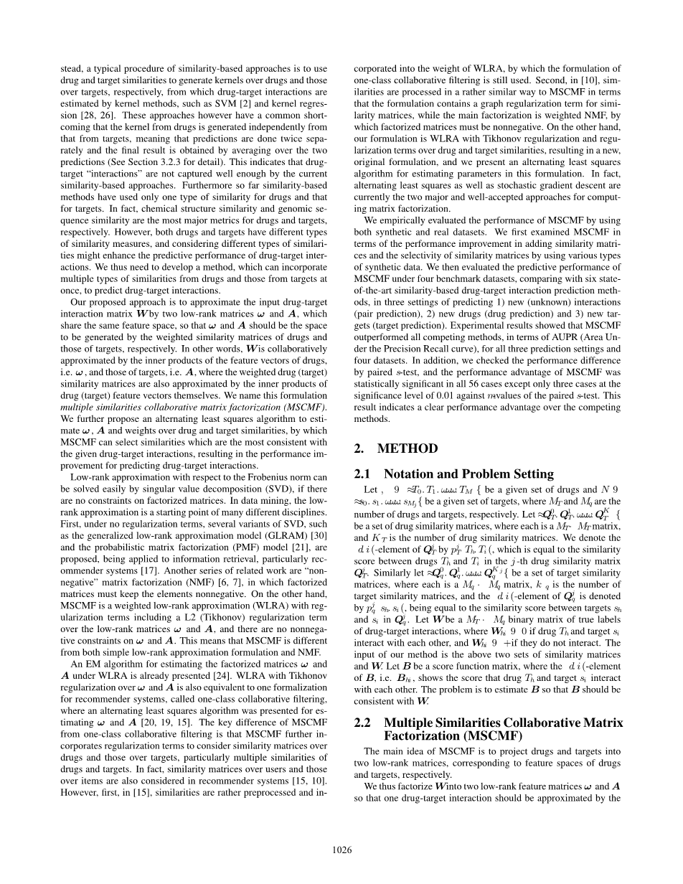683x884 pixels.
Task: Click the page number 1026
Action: click(342, 850)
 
